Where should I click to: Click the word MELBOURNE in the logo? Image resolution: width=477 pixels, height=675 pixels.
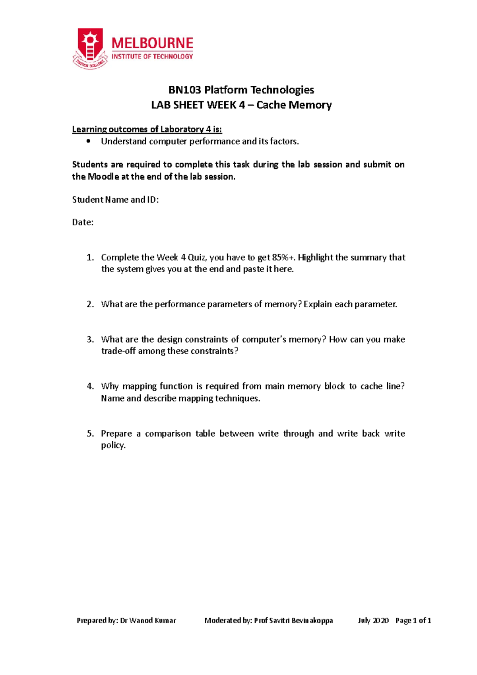pos(152,43)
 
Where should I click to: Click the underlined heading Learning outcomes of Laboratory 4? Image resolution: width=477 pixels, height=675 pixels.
pos(147,129)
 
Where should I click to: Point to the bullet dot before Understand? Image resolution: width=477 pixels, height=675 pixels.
pos(88,141)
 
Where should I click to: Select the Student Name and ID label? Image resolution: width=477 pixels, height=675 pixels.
pos(115,200)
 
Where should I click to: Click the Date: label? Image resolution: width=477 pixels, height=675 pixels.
pos(83,222)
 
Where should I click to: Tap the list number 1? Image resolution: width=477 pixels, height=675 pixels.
pos(90,258)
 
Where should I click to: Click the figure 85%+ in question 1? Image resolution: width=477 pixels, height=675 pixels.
pos(284,258)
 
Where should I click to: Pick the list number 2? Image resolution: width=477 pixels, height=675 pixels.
pos(90,305)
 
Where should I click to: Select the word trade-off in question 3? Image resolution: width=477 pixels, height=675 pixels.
pos(118,351)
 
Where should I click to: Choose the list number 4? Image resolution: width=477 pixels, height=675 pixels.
pos(90,386)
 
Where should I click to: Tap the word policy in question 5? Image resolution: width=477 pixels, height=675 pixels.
pos(113,445)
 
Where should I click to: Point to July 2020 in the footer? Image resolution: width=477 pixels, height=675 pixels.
pos(373,621)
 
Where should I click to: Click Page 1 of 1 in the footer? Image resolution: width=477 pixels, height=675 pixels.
pos(413,621)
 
